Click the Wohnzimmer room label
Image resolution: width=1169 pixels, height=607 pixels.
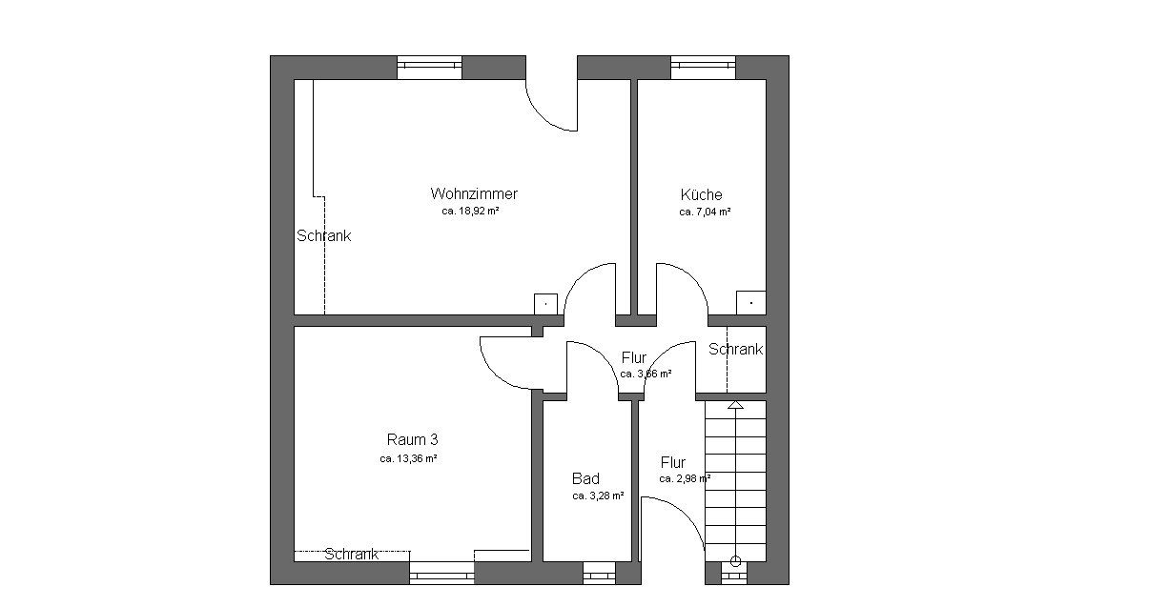(474, 194)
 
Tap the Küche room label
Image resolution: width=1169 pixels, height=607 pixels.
(702, 194)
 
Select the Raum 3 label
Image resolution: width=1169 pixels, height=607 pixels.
(412, 439)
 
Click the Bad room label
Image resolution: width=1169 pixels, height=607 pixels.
(585, 478)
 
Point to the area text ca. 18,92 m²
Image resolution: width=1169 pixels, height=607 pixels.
(470, 212)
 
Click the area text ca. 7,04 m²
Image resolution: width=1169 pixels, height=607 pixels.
(705, 212)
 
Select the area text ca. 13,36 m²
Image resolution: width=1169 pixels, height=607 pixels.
(408, 459)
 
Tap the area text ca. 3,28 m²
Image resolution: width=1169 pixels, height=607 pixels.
(598, 496)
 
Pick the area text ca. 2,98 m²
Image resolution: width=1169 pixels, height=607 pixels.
(685, 478)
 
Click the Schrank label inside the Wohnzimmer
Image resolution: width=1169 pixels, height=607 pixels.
(323, 235)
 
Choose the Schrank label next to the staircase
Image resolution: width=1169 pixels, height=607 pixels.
(735, 349)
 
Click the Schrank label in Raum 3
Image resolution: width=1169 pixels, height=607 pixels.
(351, 554)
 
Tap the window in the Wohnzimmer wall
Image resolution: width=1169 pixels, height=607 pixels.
(429, 68)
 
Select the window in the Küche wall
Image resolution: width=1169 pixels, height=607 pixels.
(703, 68)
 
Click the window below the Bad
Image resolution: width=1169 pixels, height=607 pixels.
(599, 573)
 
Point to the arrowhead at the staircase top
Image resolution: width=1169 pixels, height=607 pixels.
(735, 405)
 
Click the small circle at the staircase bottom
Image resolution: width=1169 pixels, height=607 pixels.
(735, 561)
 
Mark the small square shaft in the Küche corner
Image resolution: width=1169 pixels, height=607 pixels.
(751, 303)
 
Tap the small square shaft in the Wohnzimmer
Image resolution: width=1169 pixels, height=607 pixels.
(545, 304)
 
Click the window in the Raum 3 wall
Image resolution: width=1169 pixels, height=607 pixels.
(442, 573)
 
